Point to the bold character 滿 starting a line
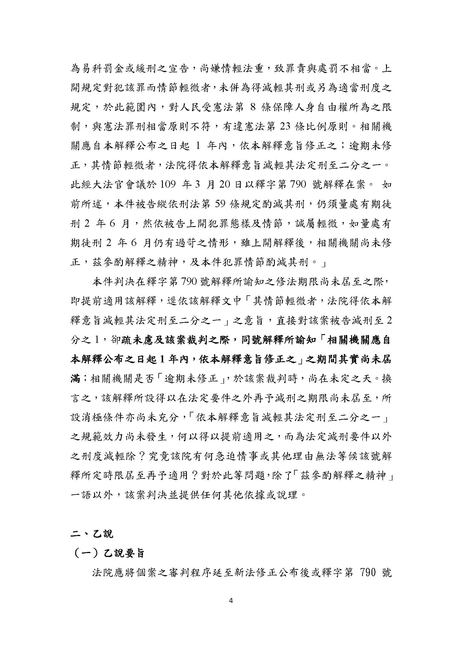(x=75, y=379)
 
